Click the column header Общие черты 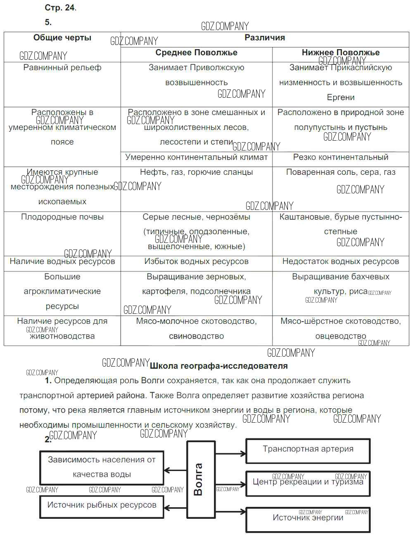[62, 38]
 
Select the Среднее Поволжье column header [196, 53]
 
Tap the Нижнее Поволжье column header [340, 53]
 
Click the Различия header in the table [265, 38]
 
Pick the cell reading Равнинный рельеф [62, 68]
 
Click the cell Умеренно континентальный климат [196, 157]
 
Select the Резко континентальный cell [340, 157]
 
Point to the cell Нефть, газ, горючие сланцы [196, 172]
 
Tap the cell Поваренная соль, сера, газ [340, 172]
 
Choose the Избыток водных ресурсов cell [196, 261]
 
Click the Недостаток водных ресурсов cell [340, 261]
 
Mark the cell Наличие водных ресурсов [62, 261]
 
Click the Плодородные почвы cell [62, 217]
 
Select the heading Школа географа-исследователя [218, 366]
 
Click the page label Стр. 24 [60, 8]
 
